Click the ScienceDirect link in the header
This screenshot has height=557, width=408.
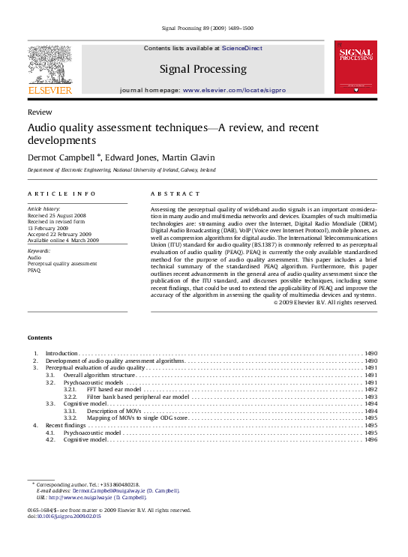(241, 48)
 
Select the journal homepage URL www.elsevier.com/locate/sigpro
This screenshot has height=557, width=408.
(233, 90)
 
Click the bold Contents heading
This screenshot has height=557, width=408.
(40, 337)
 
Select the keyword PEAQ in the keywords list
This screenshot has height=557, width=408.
(34, 270)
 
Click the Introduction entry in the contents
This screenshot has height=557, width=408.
(61, 353)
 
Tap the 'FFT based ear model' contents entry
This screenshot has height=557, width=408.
(113, 389)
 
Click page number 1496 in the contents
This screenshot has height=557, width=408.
(370, 439)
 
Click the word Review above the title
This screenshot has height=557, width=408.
(40, 111)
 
